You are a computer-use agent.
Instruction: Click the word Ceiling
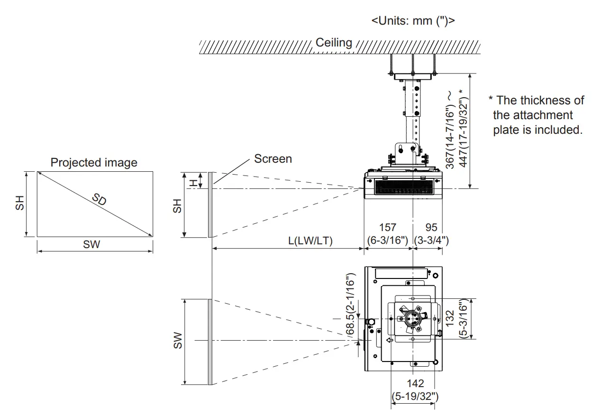334,42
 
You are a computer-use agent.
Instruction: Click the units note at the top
413,21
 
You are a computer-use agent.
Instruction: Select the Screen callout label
273,158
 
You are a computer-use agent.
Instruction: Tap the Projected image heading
94,163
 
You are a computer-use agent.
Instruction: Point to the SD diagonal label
99,200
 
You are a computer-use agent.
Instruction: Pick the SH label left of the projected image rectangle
19,204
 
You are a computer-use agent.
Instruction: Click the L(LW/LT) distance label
310,241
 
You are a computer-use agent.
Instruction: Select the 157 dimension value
388,228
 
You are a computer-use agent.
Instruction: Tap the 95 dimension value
431,228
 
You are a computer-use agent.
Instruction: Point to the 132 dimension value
450,318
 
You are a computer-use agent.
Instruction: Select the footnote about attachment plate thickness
537,115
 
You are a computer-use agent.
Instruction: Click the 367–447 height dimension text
456,128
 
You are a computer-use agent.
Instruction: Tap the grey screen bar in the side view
210,204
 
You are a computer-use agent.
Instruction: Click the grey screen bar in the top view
210,342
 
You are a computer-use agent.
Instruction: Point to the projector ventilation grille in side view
404,186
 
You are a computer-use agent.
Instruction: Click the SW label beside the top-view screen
177,341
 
